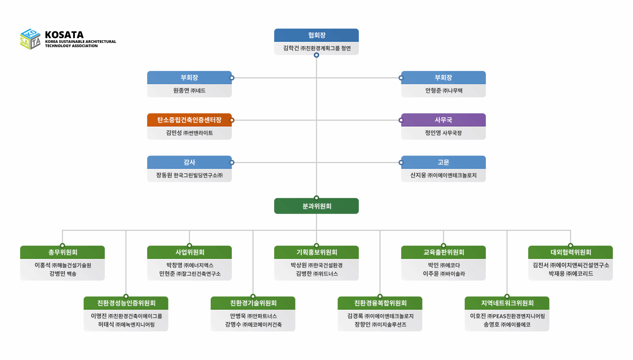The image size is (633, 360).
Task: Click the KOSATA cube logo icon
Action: (x=30, y=39)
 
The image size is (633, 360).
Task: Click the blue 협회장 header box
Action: (x=316, y=35)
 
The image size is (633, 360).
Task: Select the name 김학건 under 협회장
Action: (x=291, y=48)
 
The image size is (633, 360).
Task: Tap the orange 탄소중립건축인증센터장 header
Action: (x=189, y=120)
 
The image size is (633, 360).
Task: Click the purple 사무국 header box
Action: (x=443, y=120)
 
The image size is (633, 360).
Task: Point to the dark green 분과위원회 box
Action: (x=316, y=206)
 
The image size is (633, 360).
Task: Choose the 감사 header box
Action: (x=189, y=162)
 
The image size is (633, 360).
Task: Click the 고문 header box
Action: (x=443, y=162)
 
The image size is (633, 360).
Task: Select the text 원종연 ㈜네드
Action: (x=189, y=91)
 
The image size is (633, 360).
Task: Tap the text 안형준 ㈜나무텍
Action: (x=444, y=91)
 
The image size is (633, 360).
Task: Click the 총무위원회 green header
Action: (x=62, y=252)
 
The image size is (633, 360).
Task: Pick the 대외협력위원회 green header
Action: (x=570, y=252)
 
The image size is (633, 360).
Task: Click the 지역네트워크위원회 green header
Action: (x=507, y=303)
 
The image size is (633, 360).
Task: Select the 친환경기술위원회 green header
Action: (x=253, y=303)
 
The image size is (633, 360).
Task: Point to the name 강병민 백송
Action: (x=63, y=274)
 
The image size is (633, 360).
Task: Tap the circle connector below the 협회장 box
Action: (x=316, y=55)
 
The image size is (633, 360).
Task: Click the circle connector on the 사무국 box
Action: (x=401, y=120)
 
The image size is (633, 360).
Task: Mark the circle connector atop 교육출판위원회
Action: (x=443, y=246)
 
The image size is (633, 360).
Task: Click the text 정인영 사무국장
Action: (x=443, y=133)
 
